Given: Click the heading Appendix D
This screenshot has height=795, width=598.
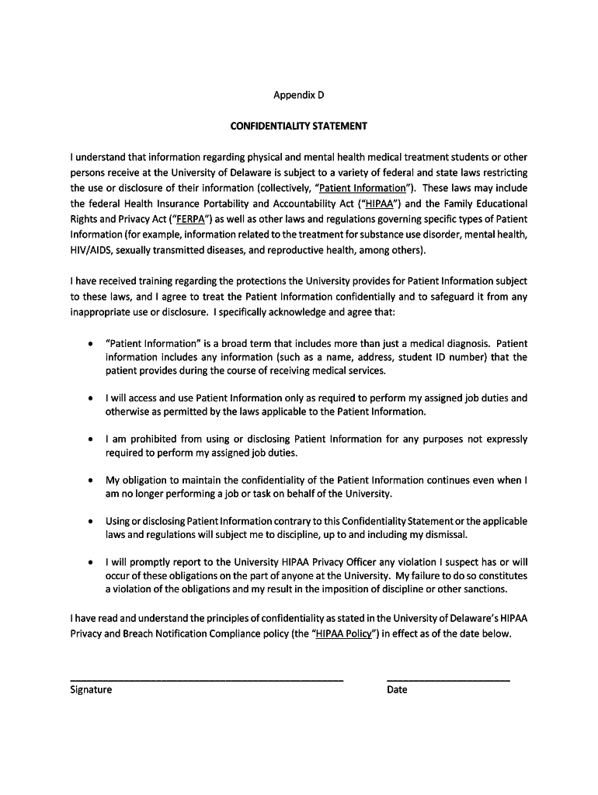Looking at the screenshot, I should [298, 95].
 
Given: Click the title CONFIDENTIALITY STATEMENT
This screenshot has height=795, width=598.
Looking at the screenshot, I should [298, 126].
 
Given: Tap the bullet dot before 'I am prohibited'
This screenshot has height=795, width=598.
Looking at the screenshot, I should [92, 439].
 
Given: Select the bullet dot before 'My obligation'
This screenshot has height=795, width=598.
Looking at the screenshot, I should [92, 481].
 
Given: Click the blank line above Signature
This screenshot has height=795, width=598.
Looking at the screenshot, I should [207, 679].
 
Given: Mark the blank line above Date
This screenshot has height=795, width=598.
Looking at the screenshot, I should [448, 679].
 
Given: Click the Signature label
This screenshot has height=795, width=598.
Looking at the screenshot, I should [91, 690].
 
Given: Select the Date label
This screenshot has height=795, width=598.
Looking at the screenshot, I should [397, 690].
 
